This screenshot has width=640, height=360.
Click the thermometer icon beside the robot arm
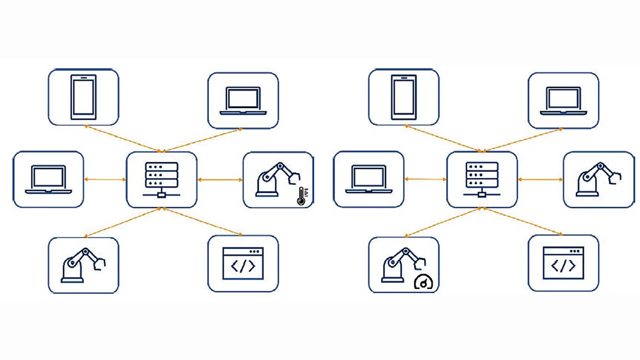[x=301, y=196]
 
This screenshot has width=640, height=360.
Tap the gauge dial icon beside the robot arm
[x=424, y=283]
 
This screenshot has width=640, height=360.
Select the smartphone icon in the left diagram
[x=83, y=97]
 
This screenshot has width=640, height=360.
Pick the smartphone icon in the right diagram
[x=403, y=97]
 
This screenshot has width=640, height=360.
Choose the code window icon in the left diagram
[x=243, y=263]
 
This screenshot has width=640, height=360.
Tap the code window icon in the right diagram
[x=563, y=263]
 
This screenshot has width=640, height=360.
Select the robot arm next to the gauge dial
[x=400, y=264]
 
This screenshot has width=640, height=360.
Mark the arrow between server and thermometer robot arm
[x=220, y=179]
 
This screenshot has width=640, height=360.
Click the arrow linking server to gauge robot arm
[x=442, y=222]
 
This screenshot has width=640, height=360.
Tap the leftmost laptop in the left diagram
[x=48, y=179]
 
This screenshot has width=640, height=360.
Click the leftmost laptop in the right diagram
[x=369, y=179]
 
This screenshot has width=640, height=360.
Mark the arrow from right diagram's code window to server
[x=522, y=221]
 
